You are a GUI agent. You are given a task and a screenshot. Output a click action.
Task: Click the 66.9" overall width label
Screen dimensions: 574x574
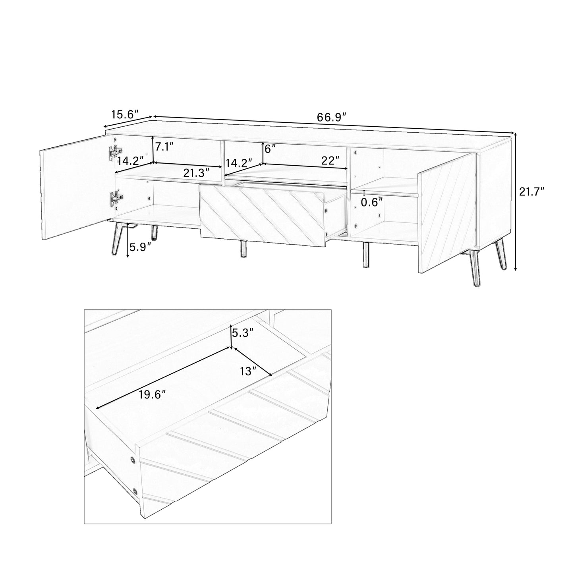click(332, 117)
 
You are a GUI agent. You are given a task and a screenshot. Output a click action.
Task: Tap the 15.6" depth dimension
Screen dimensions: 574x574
click(124, 115)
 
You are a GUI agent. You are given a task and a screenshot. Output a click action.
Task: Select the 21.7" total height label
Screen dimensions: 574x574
click(531, 192)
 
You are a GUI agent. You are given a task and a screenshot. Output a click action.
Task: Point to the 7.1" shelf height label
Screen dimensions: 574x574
click(164, 147)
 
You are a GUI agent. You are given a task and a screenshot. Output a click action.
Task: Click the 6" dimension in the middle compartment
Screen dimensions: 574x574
click(270, 149)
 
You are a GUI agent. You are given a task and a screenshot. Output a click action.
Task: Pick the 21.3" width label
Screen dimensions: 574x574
click(196, 173)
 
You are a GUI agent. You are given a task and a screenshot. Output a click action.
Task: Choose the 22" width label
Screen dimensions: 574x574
click(330, 160)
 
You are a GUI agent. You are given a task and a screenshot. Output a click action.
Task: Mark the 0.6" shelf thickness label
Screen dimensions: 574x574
click(372, 202)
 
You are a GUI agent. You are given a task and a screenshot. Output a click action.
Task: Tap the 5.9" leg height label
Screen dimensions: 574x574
click(141, 247)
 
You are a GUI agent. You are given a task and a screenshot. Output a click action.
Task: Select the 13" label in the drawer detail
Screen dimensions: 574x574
click(248, 371)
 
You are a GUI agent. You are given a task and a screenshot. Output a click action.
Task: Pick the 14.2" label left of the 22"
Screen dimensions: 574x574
click(239, 163)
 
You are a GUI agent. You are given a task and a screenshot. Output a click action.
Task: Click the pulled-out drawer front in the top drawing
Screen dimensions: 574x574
click(262, 213)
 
